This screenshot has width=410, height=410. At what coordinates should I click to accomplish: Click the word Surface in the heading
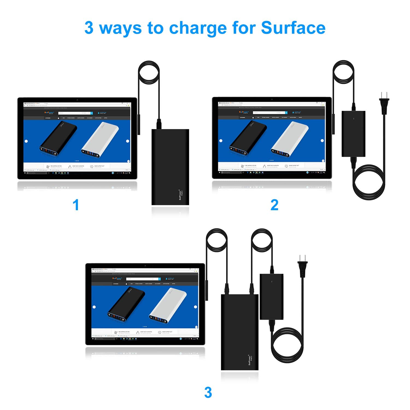293,28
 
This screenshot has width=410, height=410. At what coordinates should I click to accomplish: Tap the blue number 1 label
76,205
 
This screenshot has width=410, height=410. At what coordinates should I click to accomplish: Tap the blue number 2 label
274,205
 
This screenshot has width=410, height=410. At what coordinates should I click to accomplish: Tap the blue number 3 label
208,393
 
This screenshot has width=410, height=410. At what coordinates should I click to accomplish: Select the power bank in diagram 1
170,167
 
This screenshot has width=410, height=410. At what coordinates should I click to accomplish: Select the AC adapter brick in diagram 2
353,134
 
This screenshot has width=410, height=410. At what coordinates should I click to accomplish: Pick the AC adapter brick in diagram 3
271,297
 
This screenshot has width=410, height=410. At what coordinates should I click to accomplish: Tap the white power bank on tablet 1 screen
100,139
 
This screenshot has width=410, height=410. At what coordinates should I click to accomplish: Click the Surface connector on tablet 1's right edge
139,124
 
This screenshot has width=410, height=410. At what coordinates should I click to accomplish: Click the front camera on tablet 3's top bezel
145,266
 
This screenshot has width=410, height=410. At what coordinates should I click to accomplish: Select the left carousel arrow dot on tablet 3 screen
94,307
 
